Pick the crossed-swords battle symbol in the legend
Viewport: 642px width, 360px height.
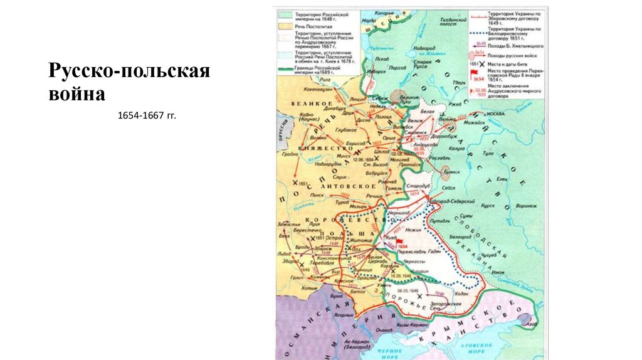click(478, 65)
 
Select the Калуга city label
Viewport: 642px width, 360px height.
click(456, 149)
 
